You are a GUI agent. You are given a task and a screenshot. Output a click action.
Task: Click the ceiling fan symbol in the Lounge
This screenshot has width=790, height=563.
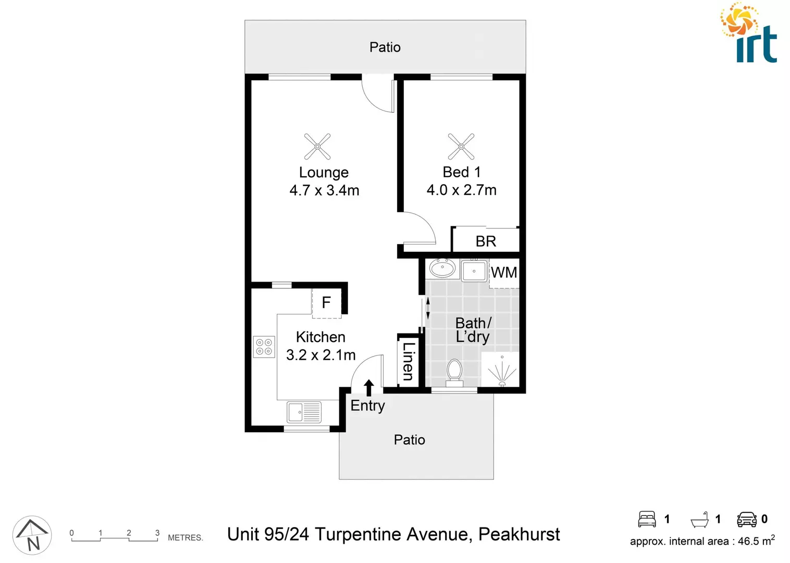[x=317, y=146]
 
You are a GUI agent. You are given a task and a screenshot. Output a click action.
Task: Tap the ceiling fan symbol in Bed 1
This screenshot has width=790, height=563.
[x=461, y=146]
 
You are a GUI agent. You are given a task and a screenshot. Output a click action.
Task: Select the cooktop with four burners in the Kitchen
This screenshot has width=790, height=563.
[x=264, y=347]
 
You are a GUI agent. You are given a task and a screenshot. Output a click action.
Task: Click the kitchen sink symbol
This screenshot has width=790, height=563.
[x=304, y=412]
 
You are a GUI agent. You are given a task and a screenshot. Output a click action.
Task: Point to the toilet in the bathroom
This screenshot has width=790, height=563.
[x=454, y=372]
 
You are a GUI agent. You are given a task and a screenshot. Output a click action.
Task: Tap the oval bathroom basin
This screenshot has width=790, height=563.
[x=442, y=268]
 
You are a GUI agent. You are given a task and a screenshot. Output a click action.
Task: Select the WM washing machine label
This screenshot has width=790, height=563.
[x=504, y=273]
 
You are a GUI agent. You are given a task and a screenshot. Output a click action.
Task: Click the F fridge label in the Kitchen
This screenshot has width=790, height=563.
[x=326, y=302]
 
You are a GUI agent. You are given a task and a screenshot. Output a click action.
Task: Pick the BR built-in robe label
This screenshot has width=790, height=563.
[x=486, y=241]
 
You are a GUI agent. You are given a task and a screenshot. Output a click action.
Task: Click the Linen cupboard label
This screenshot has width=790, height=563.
[x=409, y=361]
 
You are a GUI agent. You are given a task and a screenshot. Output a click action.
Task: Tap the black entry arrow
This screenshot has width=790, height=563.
[x=369, y=388]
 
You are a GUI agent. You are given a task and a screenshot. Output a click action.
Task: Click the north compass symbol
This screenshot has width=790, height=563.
[x=32, y=535]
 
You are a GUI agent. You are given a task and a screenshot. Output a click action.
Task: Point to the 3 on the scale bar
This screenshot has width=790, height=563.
[x=157, y=533]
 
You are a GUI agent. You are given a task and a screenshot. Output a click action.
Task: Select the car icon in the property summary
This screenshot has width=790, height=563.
[x=747, y=519]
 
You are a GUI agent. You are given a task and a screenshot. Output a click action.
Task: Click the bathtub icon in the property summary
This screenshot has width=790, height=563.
[x=700, y=520]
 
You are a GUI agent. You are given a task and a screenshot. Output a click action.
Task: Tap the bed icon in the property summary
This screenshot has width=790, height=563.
[x=647, y=519]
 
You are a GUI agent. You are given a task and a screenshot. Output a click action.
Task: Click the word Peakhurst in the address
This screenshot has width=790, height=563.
[x=519, y=534]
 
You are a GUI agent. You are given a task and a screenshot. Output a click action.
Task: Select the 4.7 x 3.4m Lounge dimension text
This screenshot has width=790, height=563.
[x=324, y=190]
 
